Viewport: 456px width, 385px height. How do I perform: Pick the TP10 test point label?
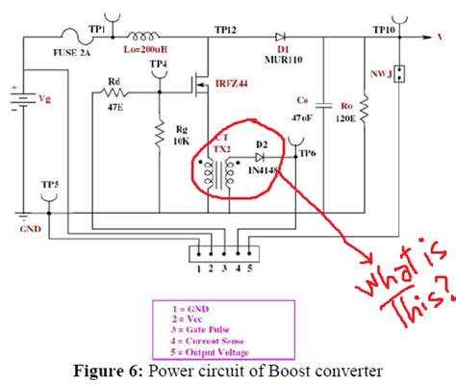coord(383,30)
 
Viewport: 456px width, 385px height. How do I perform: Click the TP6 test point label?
coord(308,152)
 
